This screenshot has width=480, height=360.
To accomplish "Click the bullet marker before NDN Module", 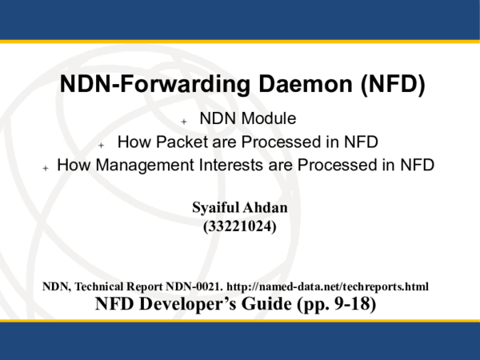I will (x=184, y=122).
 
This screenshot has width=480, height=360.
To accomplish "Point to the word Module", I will (x=270, y=119).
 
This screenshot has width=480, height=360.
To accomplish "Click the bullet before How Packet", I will (x=102, y=145).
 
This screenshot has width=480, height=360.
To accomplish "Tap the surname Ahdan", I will (x=266, y=209).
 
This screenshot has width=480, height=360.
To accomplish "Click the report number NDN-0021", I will (x=194, y=286).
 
